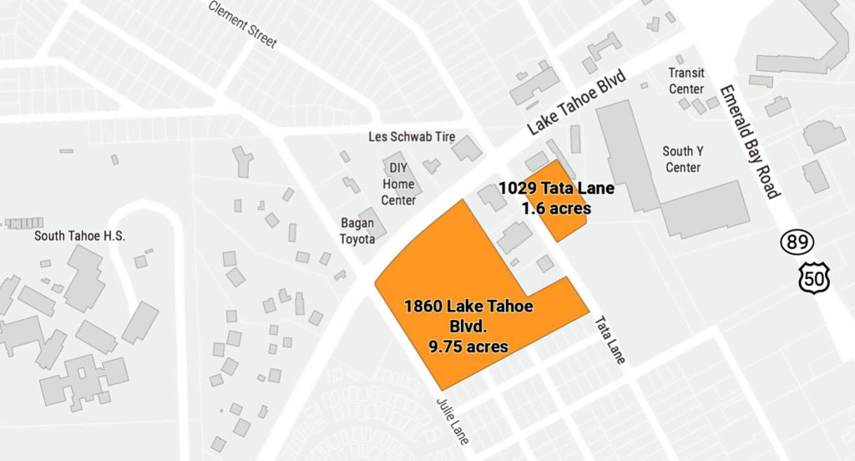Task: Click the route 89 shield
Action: point(795,243)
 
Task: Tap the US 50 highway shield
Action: point(812,277)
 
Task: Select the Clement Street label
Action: point(242,24)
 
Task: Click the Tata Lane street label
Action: point(610,339)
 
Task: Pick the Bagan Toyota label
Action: point(357,230)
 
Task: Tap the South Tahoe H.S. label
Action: point(79,236)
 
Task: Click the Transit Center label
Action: point(686,81)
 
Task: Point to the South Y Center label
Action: point(682,159)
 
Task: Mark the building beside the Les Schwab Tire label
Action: point(467,148)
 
